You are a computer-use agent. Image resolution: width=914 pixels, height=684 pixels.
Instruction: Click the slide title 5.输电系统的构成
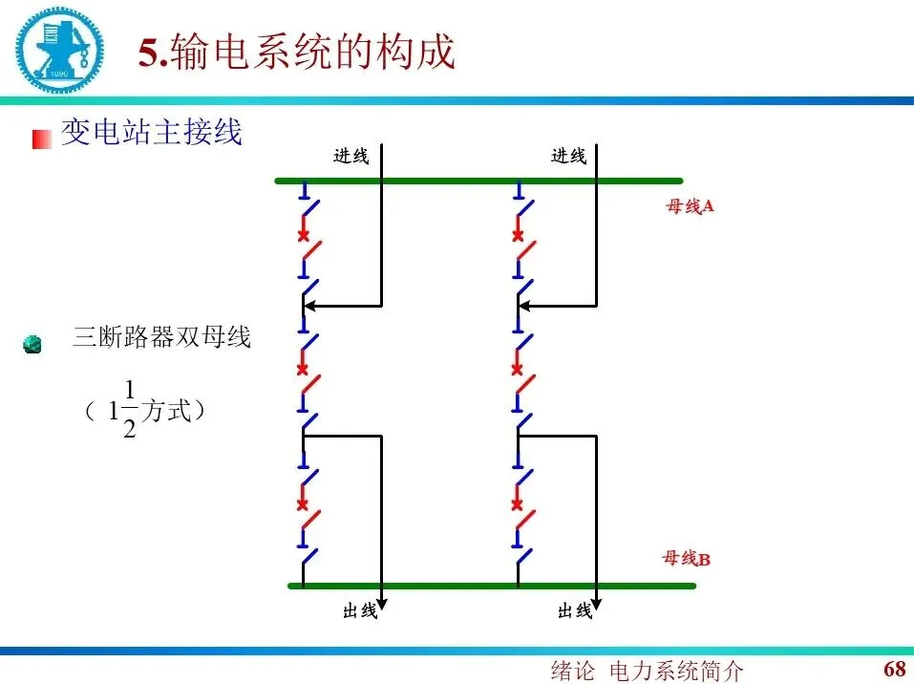[297, 53]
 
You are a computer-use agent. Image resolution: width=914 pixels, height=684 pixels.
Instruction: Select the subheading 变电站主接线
[151, 132]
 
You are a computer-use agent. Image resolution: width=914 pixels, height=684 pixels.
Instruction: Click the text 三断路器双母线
[161, 337]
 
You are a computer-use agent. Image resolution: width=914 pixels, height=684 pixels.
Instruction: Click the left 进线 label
[351, 157]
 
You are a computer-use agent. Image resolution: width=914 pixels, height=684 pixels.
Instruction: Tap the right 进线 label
[568, 156]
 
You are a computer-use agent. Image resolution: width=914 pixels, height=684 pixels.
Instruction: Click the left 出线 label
[360, 610]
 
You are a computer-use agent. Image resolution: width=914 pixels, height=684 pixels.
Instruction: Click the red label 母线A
[690, 206]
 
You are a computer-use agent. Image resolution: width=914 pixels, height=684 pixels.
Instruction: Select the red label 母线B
[686, 559]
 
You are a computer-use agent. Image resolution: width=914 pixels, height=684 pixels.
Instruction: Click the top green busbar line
[478, 180]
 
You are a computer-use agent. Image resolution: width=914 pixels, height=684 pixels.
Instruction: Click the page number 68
[894, 668]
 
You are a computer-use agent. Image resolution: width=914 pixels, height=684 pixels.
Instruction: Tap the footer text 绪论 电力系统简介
[647, 671]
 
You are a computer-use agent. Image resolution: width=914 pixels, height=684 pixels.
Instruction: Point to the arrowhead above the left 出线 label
[381, 602]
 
